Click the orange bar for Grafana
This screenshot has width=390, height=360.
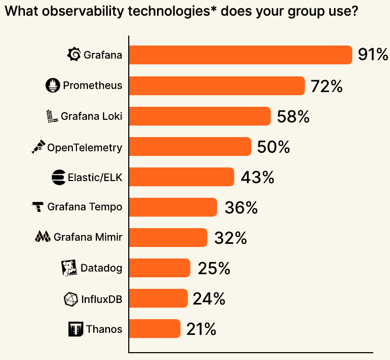240,55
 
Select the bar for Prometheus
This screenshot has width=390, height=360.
217,86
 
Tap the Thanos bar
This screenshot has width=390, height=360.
154,329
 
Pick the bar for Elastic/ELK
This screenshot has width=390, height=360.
181,177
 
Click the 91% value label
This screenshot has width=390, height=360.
373,55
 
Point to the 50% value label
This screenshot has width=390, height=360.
273,147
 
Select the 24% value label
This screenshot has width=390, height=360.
209,299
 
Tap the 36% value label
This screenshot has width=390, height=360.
241,208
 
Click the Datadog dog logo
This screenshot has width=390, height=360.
70,268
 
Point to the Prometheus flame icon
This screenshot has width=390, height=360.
53,86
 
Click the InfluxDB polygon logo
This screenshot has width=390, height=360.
70,299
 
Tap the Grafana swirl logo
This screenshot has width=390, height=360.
74,54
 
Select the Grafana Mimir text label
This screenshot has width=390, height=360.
88,238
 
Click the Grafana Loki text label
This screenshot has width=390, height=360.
91,116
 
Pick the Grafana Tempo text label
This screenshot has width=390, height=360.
85,207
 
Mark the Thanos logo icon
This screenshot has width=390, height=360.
76,330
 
